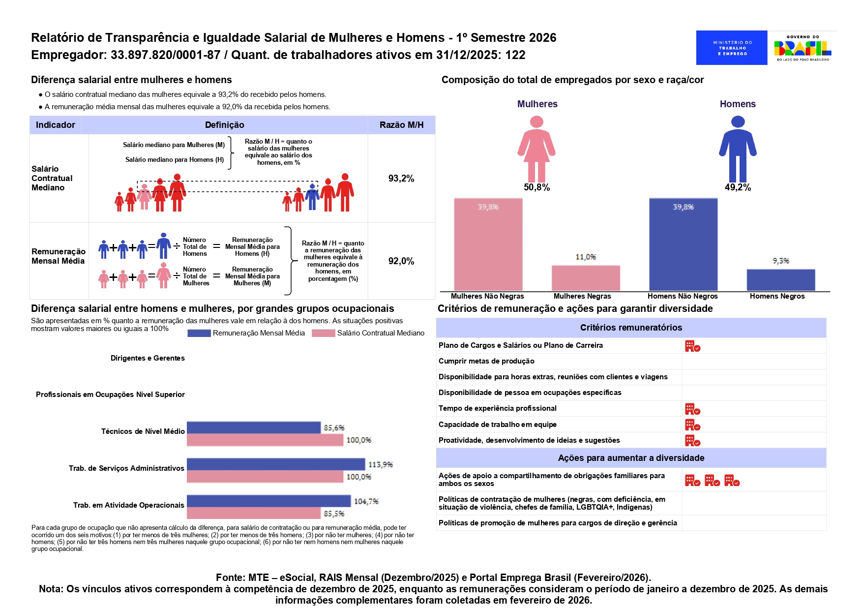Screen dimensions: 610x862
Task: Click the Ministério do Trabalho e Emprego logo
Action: [731, 48]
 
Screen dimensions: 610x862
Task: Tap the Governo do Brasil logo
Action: [803, 48]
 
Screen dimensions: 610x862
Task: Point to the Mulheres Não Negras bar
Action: [488, 244]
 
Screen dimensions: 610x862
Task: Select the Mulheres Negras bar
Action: [586, 278]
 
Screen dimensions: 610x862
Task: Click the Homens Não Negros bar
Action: [683, 244]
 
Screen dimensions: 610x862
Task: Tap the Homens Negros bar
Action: [780, 280]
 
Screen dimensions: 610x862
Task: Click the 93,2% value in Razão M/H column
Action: [401, 179]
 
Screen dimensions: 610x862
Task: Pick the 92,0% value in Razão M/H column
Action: [401, 261]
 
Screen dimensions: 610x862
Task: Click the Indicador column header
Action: [56, 125]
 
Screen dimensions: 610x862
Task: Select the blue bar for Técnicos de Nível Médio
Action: [253, 427]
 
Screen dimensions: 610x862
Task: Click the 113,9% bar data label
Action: [380, 464]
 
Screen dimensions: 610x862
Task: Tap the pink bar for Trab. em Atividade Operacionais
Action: [253, 513]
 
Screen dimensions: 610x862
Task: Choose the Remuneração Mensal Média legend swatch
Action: [199, 333]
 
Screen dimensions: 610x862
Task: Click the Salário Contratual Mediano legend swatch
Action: [323, 333]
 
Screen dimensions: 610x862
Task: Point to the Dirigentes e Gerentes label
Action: [148, 358]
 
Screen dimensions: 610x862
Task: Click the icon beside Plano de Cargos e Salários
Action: [692, 346]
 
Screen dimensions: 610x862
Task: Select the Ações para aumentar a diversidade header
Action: [631, 458]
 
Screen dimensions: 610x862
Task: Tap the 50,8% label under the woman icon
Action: [536, 187]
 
